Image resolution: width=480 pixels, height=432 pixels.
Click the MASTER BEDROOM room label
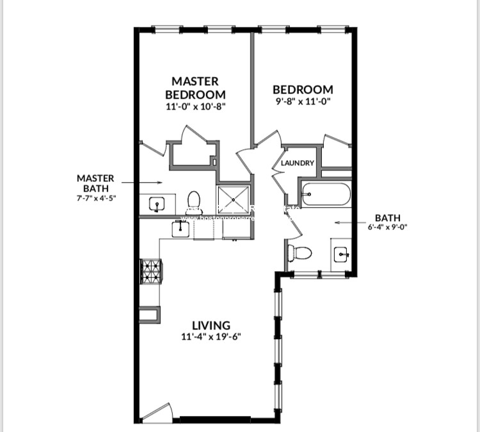point(195,88)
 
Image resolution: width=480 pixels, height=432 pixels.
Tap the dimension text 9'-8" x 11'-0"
point(303,102)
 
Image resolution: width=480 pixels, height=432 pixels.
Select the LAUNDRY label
point(298,163)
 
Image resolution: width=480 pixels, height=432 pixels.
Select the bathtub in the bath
point(326,194)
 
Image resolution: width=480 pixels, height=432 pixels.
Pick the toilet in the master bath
point(195,201)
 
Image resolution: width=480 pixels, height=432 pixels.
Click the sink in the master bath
point(156,204)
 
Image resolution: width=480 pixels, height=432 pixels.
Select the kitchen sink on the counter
point(182,227)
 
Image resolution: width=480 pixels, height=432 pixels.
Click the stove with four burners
point(151,270)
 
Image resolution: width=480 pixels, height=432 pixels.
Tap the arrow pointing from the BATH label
point(346,223)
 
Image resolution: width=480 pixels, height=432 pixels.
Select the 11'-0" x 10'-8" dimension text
point(195,107)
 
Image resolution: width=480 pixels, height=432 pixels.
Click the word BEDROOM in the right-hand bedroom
point(303,90)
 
